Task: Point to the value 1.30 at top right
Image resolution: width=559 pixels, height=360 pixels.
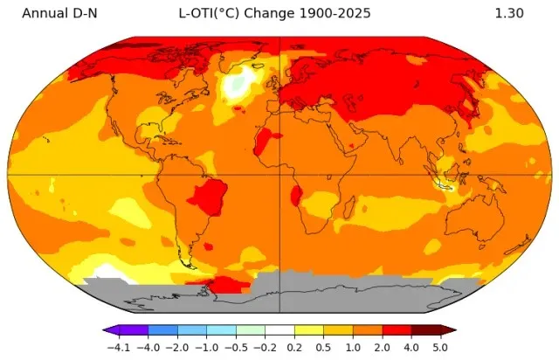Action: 509,14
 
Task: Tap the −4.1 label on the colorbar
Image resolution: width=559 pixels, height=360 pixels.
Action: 116,348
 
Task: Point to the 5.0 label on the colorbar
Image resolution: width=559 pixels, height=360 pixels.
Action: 441,348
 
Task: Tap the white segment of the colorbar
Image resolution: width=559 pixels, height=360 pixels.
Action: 279,330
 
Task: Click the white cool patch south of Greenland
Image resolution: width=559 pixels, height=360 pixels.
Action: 237,85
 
